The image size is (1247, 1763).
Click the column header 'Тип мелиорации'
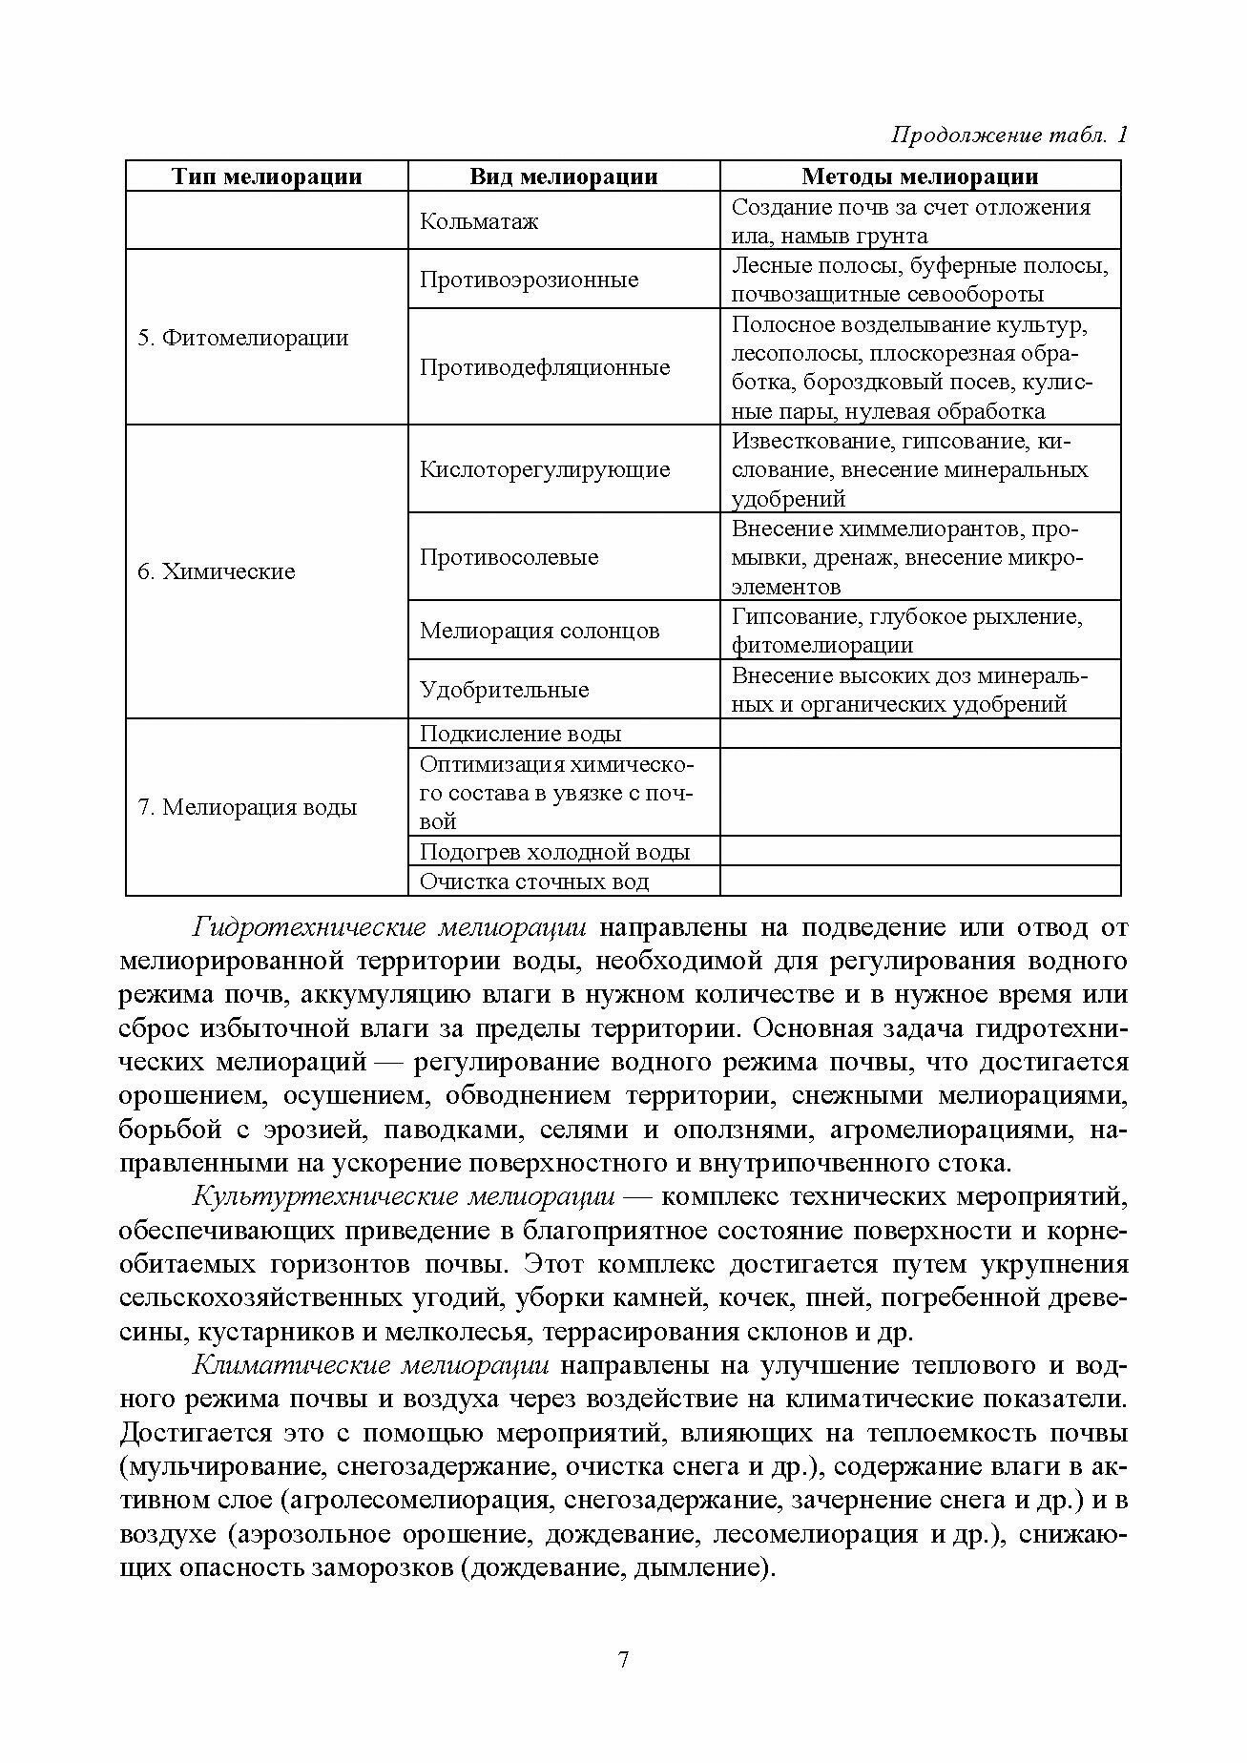266,176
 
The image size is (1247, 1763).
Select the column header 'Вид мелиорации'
563,176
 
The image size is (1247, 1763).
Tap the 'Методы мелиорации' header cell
919,176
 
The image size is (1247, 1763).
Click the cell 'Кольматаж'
479,221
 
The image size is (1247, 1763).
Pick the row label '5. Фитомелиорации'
243,338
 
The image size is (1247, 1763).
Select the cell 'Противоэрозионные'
530,280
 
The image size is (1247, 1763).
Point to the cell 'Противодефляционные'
545,367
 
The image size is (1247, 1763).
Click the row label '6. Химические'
217,571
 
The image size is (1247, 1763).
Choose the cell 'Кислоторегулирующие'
545,469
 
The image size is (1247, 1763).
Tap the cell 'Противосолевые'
509,557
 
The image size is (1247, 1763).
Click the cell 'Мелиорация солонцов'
539,631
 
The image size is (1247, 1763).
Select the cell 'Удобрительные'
505,690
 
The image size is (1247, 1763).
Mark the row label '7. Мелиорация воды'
247,807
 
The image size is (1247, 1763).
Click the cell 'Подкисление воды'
520,734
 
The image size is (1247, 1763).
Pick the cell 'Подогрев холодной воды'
554,852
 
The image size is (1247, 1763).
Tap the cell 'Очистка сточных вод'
534,881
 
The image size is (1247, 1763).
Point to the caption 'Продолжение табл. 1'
1009,135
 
